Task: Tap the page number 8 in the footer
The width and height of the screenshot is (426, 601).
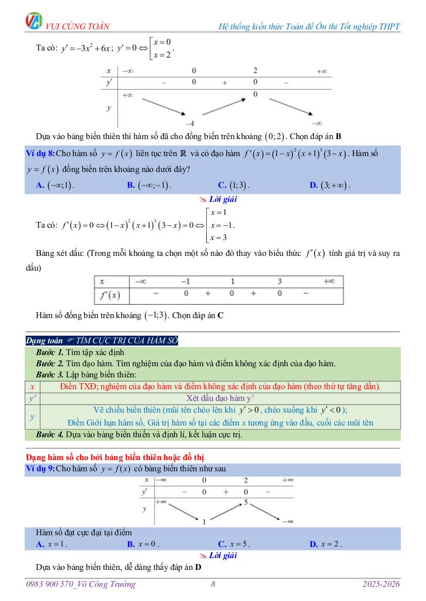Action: point(213,584)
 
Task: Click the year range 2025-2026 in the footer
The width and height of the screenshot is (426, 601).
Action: point(381,584)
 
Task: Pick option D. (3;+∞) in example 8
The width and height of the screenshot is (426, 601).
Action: point(329,185)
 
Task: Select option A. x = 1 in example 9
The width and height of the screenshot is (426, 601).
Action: point(52,544)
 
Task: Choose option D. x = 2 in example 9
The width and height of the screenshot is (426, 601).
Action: point(326,544)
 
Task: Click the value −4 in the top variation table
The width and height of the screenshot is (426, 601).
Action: point(190,123)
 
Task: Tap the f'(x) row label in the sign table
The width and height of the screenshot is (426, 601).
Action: point(110,295)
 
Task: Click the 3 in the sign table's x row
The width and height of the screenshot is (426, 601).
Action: point(280,281)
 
